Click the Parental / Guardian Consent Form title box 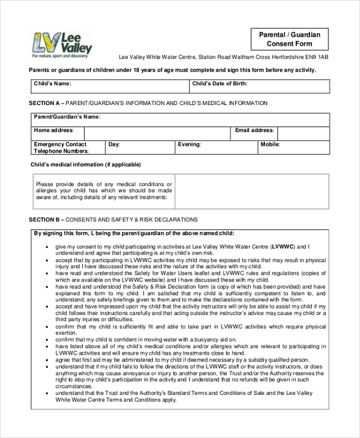[289, 40]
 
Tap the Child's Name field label [53, 83]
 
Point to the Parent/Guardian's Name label [67, 117]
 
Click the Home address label [53, 130]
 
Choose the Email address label [254, 130]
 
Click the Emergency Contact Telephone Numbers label [60, 148]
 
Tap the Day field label [114, 145]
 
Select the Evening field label [189, 145]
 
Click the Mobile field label [270, 145]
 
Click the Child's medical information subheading [85, 164]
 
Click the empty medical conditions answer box [251, 191]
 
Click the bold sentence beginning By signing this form [134, 233]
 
